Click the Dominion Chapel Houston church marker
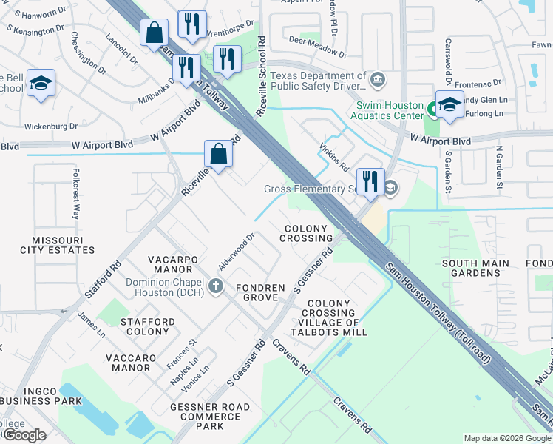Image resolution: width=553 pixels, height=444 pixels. pyautogui.click(x=215, y=286)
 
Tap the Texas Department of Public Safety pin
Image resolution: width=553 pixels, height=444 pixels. pyautogui.click(x=378, y=79)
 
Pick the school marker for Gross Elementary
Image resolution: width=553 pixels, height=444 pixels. pyautogui.click(x=390, y=189)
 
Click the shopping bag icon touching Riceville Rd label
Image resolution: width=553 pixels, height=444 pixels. pyautogui.click(x=219, y=155)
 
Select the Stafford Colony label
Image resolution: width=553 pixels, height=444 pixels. pyautogui.click(x=148, y=326)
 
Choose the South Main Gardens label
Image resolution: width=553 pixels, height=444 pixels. pyautogui.click(x=475, y=268)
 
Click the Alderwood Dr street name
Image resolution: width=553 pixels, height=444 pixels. pyautogui.click(x=236, y=252)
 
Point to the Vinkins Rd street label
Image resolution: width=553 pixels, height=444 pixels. pyautogui.click(x=333, y=157)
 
